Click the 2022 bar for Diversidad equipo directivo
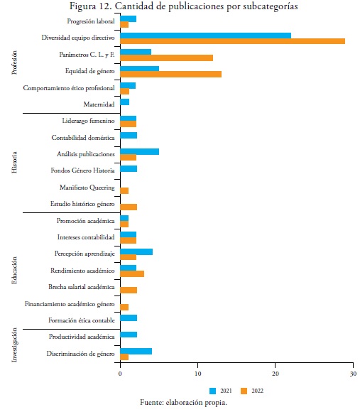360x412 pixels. tap(233, 41)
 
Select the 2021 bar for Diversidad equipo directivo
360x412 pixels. tap(206, 36)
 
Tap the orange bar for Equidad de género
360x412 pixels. tap(170, 75)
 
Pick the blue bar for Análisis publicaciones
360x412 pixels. tap(139, 151)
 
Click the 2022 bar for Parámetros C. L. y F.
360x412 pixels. tap(166, 58)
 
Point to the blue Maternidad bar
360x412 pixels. tap(125, 102)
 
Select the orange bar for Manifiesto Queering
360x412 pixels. tap(124, 191)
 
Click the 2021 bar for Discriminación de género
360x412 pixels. tap(136, 352)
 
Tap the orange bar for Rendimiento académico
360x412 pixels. tap(132, 273)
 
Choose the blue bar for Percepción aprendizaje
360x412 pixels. tap(136, 251)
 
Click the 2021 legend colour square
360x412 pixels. tap(213, 391)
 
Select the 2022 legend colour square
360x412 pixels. tap(244, 391)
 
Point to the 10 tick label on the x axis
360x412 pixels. tap(197, 374)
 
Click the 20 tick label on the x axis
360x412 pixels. tap(276, 374)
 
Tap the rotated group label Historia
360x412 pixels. tap(14, 163)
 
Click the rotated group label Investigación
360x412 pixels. tap(14, 345)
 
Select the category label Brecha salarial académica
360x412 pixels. tap(82, 287)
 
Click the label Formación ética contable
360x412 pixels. tap(82, 320)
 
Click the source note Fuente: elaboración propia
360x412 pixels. tap(183, 403)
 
